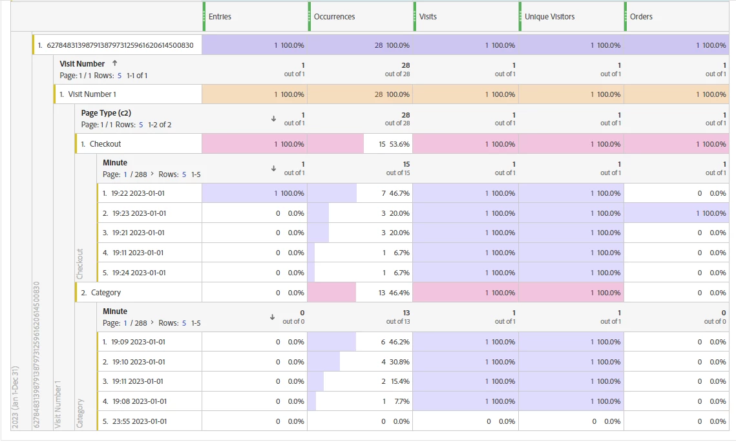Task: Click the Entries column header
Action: (220, 17)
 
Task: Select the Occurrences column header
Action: (334, 17)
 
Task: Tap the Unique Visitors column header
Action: (549, 17)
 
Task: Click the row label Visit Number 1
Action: (92, 94)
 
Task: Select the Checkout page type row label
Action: (105, 144)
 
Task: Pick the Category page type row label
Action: (106, 293)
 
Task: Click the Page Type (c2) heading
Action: (106, 113)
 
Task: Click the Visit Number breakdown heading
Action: (82, 64)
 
